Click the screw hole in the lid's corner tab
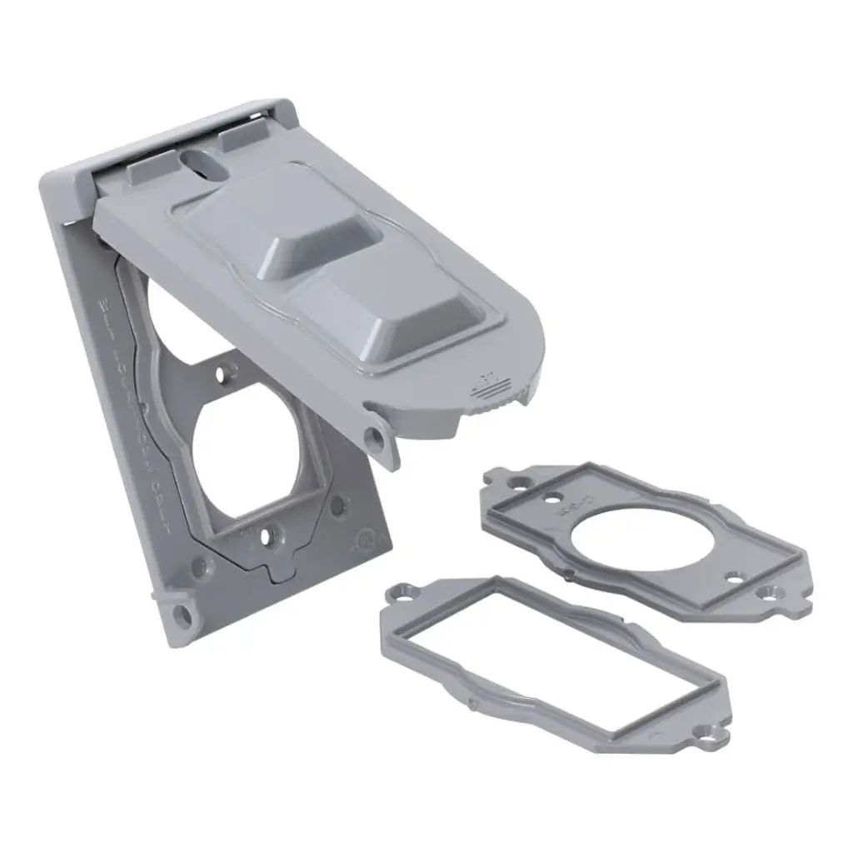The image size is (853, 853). click(377, 436)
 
